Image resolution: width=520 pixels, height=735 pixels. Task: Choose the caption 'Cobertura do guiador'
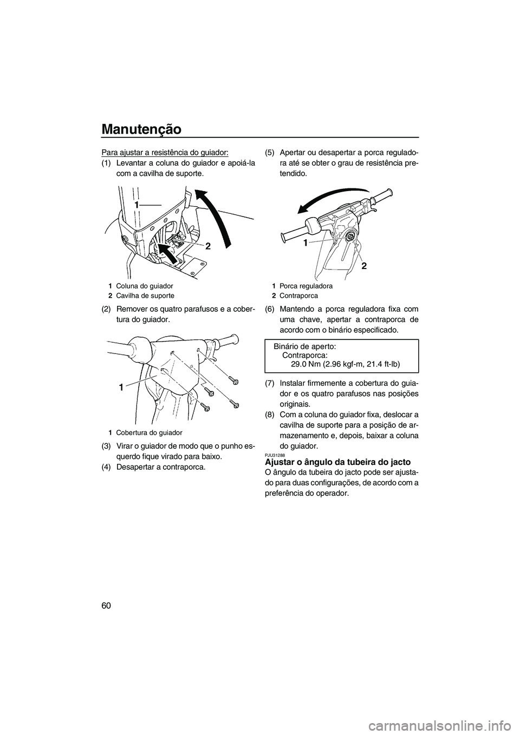click(x=149, y=432)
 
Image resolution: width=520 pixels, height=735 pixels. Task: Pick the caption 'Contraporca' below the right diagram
click(x=298, y=296)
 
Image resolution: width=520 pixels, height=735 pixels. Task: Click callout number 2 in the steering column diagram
click(x=207, y=245)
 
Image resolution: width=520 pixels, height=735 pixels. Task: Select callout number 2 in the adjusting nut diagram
click(x=364, y=266)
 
